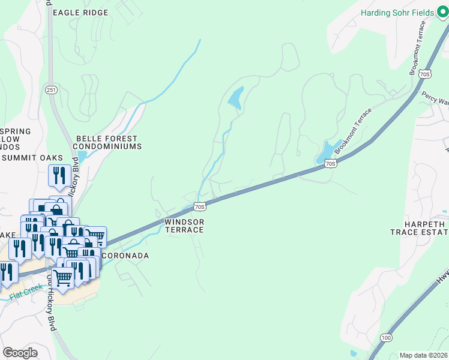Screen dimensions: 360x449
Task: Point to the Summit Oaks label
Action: point(32,158)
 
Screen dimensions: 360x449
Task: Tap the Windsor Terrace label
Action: point(185,226)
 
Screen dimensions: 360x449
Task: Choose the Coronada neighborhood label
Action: point(127,256)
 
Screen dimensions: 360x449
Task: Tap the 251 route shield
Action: point(51,89)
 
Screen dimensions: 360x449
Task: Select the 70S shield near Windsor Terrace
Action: point(200,207)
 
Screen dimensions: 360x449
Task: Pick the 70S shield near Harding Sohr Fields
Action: point(424,74)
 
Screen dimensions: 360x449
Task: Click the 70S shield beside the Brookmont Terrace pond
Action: point(330,163)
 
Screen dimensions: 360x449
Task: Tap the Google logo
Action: point(20,352)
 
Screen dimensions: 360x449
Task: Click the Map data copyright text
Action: point(423,355)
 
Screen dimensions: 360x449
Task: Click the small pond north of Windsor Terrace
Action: point(236,97)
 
